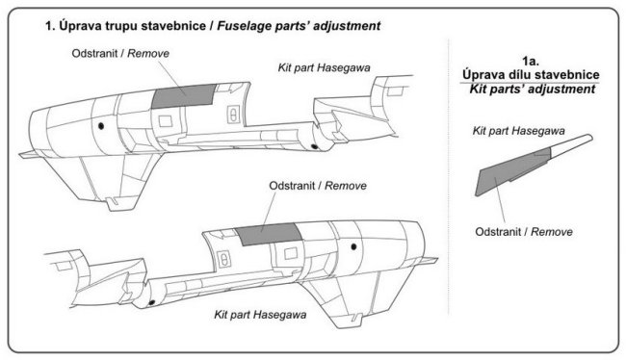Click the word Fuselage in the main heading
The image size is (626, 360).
[245, 26]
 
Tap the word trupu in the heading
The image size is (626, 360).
[121, 26]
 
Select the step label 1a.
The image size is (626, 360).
[531, 62]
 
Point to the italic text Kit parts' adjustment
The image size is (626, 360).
[533, 89]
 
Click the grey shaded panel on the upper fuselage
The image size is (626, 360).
[183, 96]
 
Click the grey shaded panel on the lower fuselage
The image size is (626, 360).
[268, 234]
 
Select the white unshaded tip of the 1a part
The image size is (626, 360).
[571, 144]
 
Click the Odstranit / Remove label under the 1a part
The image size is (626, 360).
[523, 232]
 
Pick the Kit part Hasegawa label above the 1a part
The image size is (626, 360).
[518, 131]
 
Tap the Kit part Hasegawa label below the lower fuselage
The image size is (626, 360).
[260, 315]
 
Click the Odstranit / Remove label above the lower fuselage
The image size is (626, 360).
[318, 186]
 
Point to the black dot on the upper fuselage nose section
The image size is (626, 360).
[101, 126]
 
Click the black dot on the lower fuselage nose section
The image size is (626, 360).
[353, 247]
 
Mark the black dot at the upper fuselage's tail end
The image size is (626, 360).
[315, 146]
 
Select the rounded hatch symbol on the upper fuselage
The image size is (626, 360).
[232, 115]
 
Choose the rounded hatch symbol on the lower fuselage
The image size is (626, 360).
[224, 260]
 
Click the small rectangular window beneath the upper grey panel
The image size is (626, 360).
[166, 121]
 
